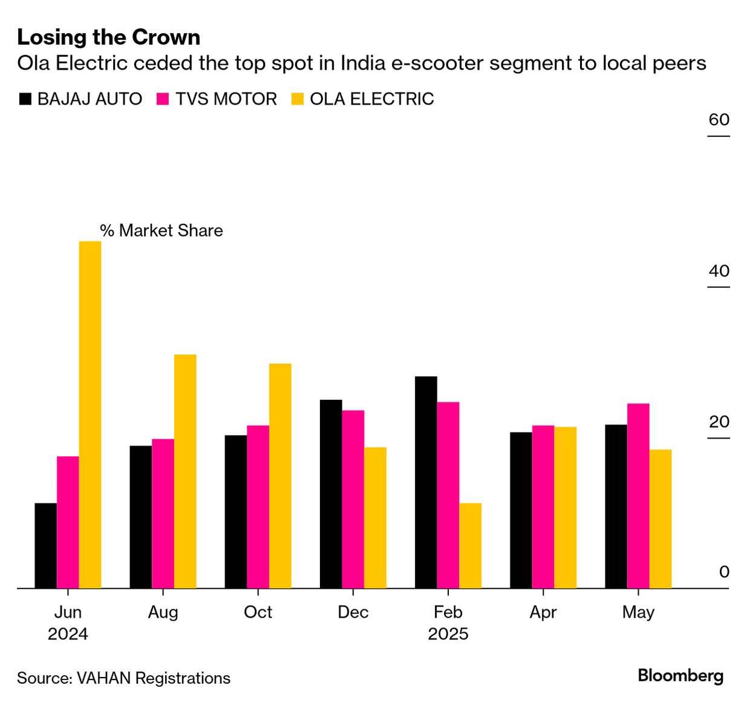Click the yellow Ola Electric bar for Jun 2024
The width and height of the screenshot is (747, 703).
90,414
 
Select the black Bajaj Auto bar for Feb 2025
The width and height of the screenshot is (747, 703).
426,482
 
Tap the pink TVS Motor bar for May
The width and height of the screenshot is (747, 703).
638,495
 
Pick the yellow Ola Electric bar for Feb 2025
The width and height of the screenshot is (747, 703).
470,546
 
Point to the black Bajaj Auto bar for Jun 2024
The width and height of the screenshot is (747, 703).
45,546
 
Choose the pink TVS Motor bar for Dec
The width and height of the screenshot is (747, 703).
353,499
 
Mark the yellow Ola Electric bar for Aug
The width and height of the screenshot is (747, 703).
185,471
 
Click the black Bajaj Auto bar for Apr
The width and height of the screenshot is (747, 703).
521,510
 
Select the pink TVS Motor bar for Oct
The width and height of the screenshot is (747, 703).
258,507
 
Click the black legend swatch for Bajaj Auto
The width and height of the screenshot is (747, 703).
25,99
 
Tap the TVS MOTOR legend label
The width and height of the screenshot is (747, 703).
226,99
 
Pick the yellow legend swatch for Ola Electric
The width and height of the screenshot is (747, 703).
298,99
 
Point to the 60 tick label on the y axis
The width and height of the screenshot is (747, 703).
719,120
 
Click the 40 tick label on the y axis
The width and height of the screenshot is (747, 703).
719,270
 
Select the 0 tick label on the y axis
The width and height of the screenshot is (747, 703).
724,572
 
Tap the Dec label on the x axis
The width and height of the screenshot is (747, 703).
353,612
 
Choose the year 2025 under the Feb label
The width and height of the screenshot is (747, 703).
448,634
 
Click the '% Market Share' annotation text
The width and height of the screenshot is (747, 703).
161,231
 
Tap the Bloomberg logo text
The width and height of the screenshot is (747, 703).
680,676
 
